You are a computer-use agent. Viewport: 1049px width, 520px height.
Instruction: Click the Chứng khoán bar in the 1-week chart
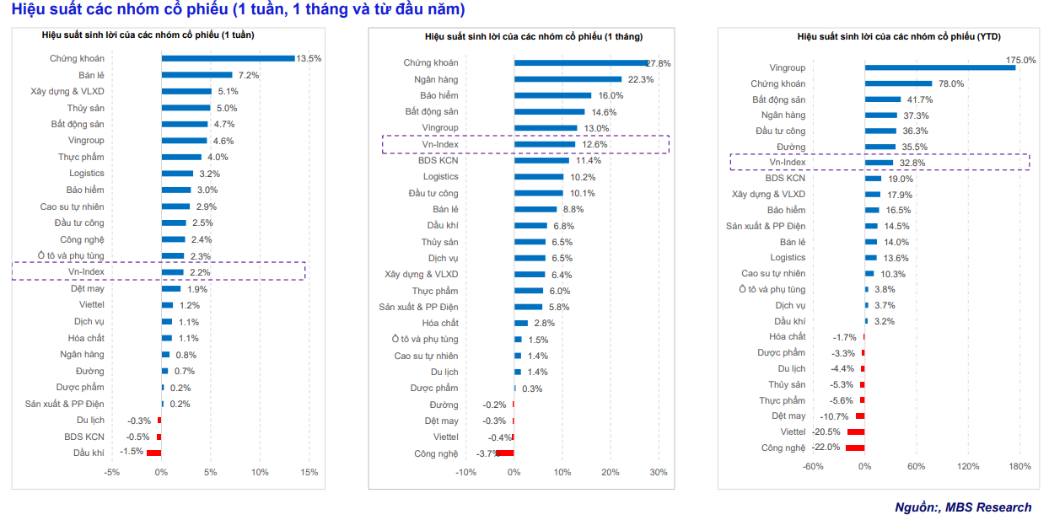point(228,58)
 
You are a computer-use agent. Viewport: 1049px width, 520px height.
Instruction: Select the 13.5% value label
point(309,58)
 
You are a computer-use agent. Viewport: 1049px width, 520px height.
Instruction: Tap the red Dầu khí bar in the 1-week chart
point(153,453)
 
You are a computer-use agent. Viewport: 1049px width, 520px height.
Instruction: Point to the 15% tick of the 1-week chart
point(309,472)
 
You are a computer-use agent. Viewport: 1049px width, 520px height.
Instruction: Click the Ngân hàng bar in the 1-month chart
point(568,79)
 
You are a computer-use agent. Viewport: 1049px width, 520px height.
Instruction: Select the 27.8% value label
point(659,63)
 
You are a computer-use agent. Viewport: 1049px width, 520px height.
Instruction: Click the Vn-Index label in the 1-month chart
point(440,144)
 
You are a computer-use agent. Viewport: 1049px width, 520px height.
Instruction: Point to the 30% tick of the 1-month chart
point(658,472)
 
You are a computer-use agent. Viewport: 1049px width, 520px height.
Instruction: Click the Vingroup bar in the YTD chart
point(939,67)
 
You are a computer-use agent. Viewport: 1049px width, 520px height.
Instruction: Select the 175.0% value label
point(1019,60)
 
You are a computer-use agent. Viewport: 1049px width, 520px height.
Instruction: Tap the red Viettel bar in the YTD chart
point(855,432)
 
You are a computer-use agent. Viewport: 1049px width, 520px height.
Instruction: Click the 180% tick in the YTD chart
point(1019,466)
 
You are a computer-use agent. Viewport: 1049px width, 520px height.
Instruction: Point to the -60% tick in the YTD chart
point(813,466)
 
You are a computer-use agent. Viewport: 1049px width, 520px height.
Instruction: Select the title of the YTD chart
point(874,36)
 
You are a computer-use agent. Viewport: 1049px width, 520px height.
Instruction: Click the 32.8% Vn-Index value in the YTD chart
point(912,163)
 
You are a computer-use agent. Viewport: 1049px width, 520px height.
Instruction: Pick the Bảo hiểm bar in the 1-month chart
point(552,95)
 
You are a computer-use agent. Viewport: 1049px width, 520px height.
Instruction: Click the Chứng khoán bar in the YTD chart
point(898,83)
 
